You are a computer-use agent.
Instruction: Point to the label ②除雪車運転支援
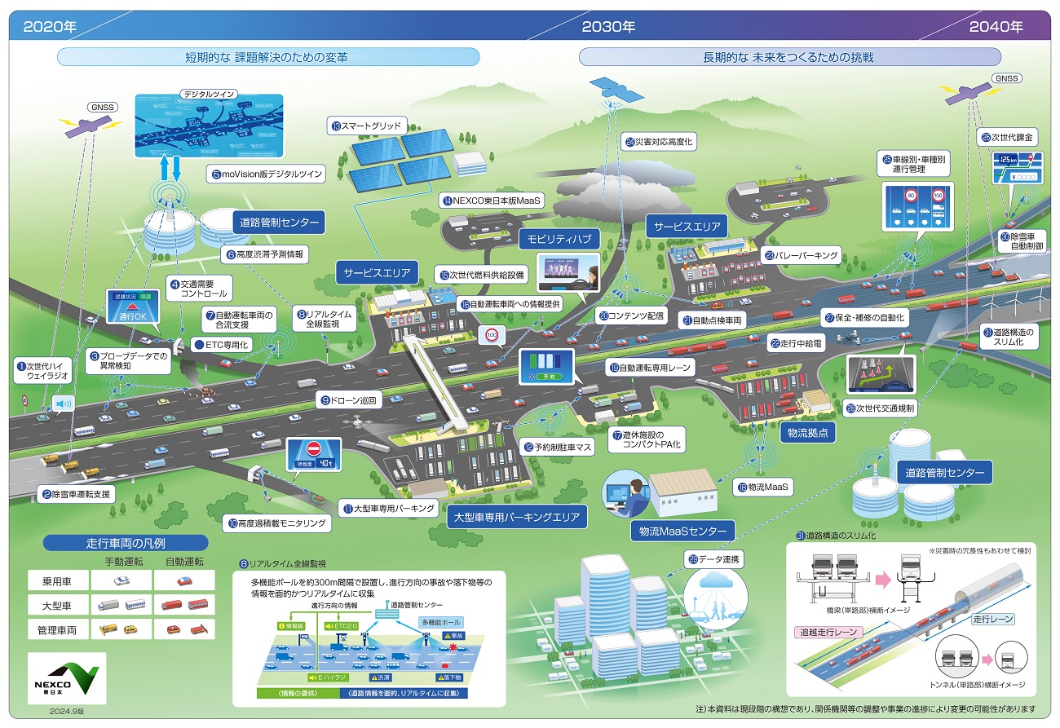pyautogui.click(x=77, y=494)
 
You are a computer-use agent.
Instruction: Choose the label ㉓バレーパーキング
pyautogui.click(x=801, y=255)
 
